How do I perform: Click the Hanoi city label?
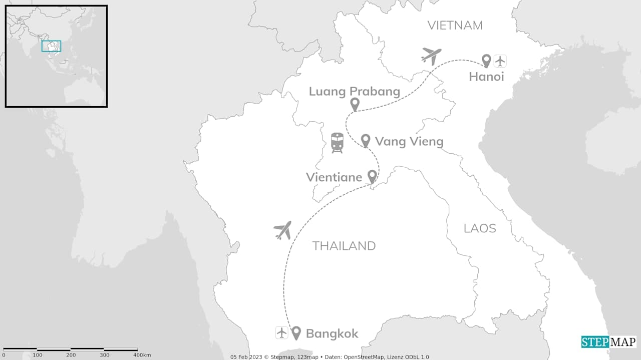[x=486, y=77]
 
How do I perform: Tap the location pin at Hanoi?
[x=486, y=61]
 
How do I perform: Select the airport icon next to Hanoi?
[x=500, y=61]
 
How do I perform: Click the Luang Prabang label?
[x=354, y=91]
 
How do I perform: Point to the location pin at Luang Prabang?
[x=355, y=104]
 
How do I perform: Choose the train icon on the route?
[x=337, y=143]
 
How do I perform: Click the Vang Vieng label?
[x=409, y=142]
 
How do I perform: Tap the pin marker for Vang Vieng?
[x=366, y=140]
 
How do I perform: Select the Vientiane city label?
[x=334, y=177]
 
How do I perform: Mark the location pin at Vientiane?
[x=372, y=176]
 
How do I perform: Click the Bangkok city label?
[x=332, y=333]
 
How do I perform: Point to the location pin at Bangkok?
[x=296, y=332]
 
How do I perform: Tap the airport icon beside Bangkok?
[x=281, y=332]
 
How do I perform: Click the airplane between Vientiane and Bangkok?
[x=283, y=230]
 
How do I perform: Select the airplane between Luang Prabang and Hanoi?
[x=431, y=56]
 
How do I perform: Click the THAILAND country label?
[x=344, y=246]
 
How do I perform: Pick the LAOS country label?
[x=480, y=228]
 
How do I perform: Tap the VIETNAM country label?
[x=455, y=26]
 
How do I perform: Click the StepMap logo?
[x=608, y=342]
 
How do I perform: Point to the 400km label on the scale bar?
[x=142, y=355]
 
